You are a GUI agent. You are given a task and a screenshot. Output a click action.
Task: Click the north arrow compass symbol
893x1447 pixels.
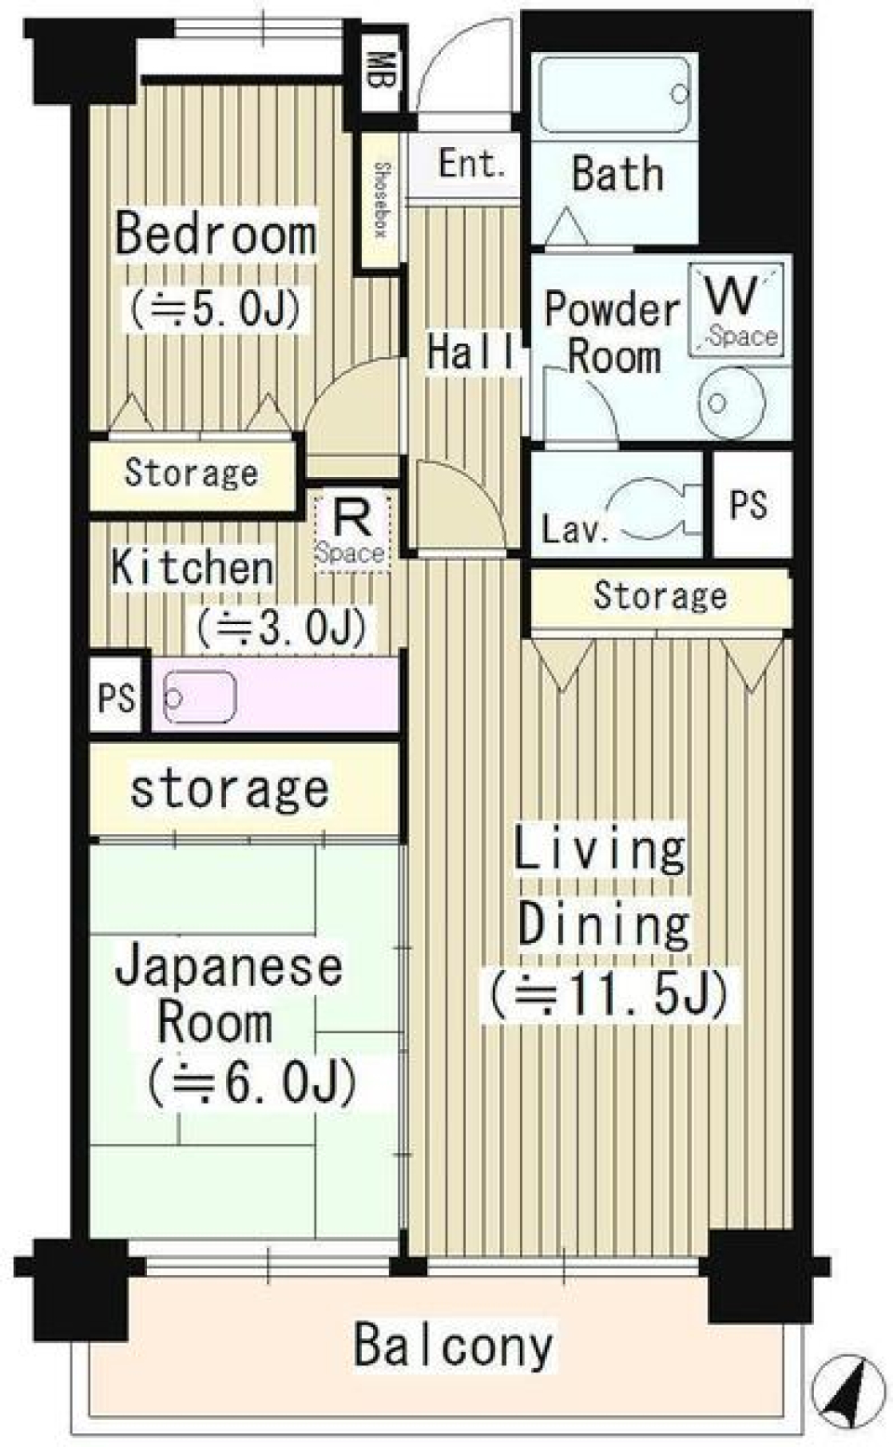(848, 1392)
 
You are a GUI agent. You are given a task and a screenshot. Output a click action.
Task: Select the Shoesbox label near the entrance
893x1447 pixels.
(380, 200)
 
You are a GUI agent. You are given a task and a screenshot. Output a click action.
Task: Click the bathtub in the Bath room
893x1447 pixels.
(615, 94)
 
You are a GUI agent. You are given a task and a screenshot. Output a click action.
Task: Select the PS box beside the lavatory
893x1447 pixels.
(749, 505)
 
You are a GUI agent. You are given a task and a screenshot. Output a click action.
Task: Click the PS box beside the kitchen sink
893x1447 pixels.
(116, 697)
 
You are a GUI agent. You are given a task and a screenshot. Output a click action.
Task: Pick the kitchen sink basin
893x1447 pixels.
(198, 696)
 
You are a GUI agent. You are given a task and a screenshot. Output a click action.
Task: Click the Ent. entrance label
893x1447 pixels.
(471, 165)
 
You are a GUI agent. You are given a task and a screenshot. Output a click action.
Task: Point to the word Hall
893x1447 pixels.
(471, 352)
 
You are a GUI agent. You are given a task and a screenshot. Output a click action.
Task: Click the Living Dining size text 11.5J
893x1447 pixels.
(609, 993)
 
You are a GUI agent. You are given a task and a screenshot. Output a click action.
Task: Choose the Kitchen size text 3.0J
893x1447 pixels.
(281, 629)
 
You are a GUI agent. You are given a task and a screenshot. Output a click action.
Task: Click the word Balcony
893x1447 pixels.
(453, 1346)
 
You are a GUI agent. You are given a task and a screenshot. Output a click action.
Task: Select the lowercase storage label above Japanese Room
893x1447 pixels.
(229, 789)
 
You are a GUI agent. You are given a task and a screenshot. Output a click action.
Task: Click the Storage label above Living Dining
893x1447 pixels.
(660, 596)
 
